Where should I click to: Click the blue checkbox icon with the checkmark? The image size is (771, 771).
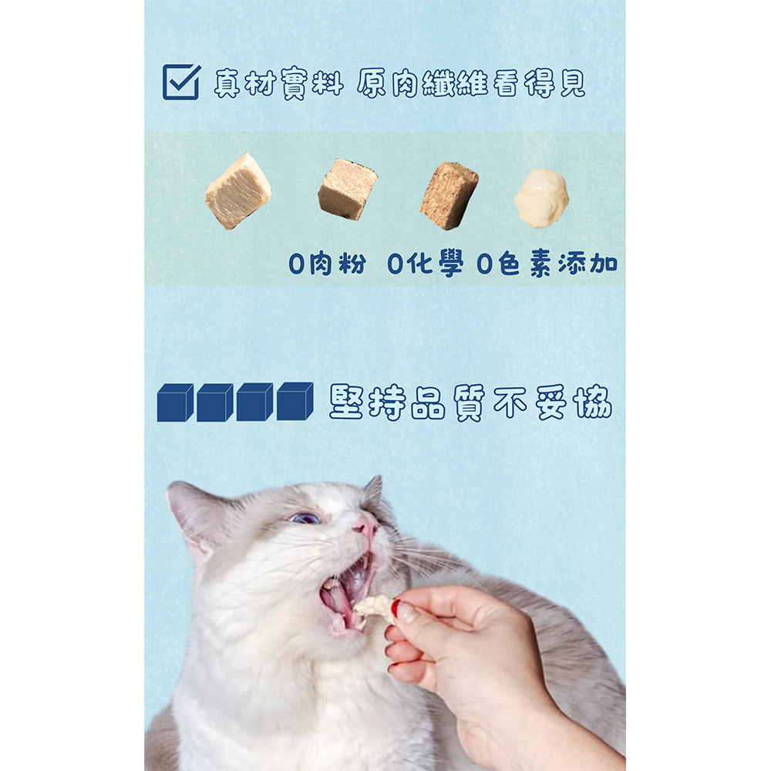tap(181, 82)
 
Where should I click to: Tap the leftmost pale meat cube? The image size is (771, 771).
tap(238, 191)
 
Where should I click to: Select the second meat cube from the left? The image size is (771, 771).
tap(348, 189)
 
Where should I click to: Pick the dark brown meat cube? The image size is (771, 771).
tap(449, 195)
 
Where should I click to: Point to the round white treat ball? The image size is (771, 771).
tap(541, 198)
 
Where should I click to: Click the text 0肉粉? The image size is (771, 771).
tap(328, 264)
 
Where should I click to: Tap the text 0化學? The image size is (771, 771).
tap(426, 264)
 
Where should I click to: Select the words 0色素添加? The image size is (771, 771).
tap(547, 264)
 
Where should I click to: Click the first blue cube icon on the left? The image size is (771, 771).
tap(175, 402)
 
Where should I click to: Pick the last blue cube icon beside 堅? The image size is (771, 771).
tap(295, 401)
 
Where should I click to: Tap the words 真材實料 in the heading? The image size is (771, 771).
tap(278, 83)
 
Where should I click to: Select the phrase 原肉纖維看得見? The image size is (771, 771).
tap(471, 83)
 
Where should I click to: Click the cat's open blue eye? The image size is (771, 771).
tap(305, 517)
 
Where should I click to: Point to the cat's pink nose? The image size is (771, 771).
tap(365, 526)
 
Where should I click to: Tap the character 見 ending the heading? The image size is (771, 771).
tap(572, 83)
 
